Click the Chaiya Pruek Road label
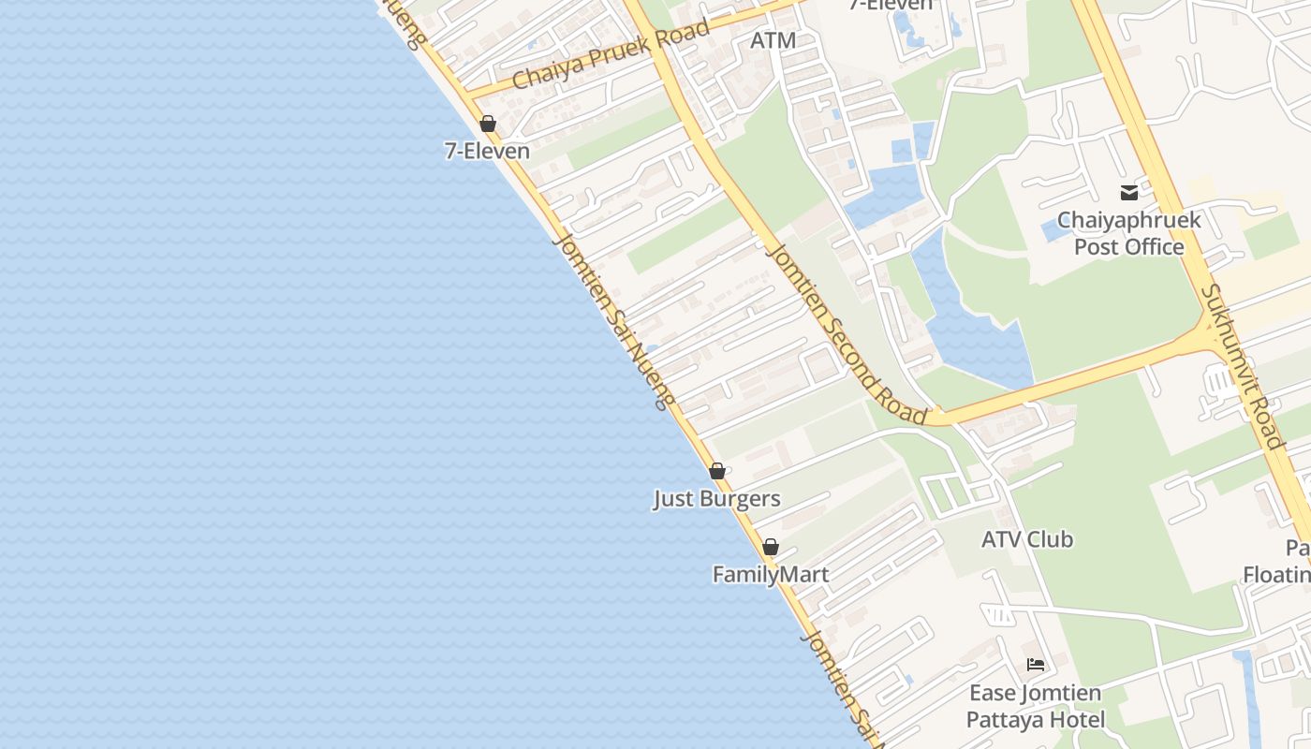click(611, 55)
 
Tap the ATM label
click(773, 41)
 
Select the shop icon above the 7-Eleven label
click(488, 124)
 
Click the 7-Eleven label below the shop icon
click(487, 151)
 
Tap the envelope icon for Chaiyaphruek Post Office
click(1128, 193)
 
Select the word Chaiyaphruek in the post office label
click(1128, 221)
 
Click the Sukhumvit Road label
click(1242, 367)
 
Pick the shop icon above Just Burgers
click(717, 471)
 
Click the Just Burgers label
click(716, 499)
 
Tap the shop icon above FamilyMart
click(771, 547)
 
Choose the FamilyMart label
click(771, 574)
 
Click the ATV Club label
click(1027, 539)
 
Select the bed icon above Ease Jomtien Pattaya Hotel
click(1036, 665)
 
